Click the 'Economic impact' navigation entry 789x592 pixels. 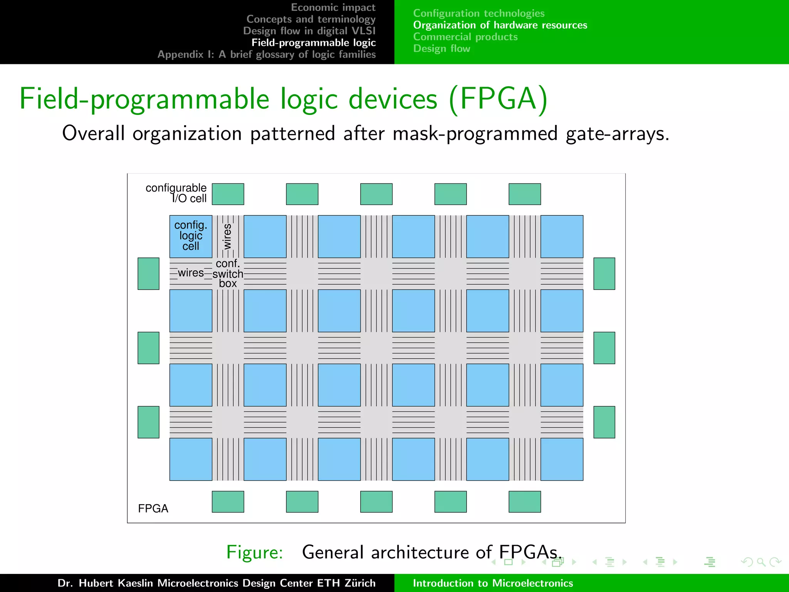pyautogui.click(x=333, y=7)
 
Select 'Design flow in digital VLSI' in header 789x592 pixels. pyautogui.click(x=309, y=31)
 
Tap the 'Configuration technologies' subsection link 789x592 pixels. pyautogui.click(x=478, y=13)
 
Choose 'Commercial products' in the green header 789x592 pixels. pyautogui.click(x=465, y=37)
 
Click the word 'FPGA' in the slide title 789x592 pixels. pyautogui.click(x=498, y=99)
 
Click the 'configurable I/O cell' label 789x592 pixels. pyautogui.click(x=176, y=193)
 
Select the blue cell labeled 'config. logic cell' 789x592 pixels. pyautogui.click(x=191, y=236)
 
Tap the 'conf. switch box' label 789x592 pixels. pyautogui.click(x=228, y=274)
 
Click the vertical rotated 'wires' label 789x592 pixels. pyautogui.click(x=227, y=236)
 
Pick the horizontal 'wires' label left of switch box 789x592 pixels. pyautogui.click(x=191, y=273)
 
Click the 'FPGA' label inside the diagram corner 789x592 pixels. pyautogui.click(x=153, y=509)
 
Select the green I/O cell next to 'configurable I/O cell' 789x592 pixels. pyautogui.click(x=228, y=194)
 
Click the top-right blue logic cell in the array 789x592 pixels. pyautogui.click(x=561, y=236)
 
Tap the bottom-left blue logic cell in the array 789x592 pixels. pyautogui.click(x=191, y=459)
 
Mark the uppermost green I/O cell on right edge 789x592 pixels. pyautogui.click(x=604, y=274)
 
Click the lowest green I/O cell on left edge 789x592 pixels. pyautogui.click(x=148, y=422)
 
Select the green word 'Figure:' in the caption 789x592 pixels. pyautogui.click(x=255, y=552)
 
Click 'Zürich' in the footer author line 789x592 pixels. pyautogui.click(x=360, y=583)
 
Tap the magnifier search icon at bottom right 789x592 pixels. pyautogui.click(x=760, y=562)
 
